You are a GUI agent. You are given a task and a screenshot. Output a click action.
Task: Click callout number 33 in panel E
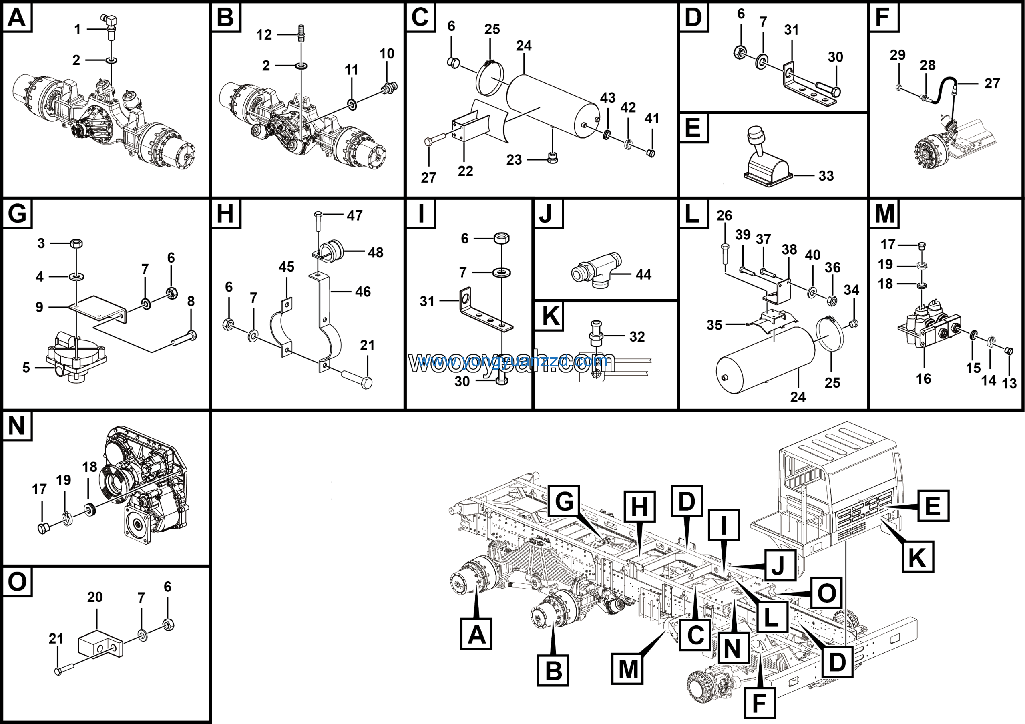point(826,176)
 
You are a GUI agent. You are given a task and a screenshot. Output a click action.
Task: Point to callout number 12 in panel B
point(264,35)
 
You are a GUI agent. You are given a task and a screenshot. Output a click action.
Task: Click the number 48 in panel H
point(376,253)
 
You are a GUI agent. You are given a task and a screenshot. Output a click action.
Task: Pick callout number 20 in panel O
point(94,597)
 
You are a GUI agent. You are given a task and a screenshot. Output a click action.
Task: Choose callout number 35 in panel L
point(714,324)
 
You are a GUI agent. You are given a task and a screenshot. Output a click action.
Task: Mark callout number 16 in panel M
point(923,378)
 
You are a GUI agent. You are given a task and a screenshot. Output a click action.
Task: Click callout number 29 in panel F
point(897,55)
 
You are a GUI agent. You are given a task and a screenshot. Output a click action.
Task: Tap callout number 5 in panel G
point(26,367)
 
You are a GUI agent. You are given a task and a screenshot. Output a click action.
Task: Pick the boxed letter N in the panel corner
point(17,425)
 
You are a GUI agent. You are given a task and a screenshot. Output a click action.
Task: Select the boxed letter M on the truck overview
point(628,669)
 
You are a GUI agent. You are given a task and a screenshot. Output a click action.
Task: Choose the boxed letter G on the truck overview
point(564,501)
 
